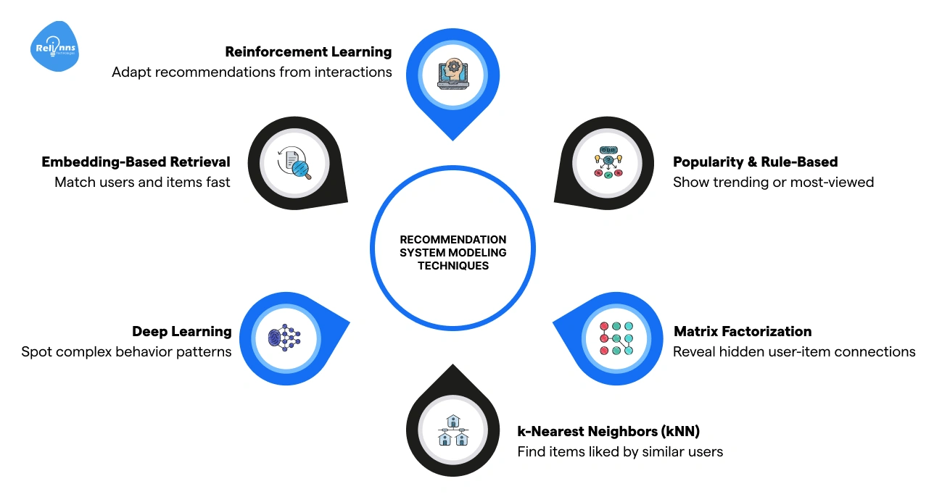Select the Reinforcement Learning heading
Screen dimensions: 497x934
[308, 52]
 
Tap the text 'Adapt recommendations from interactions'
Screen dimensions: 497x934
[252, 72]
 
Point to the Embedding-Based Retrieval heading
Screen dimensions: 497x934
[136, 162]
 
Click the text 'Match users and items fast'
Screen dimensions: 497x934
[142, 182]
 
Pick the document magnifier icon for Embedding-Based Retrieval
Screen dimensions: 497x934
[294, 163]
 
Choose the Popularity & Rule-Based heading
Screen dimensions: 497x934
[755, 162]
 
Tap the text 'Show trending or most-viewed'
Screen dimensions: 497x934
[773, 182]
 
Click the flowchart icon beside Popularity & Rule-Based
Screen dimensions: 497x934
[608, 163]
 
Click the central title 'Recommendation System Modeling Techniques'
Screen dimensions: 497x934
[452, 252]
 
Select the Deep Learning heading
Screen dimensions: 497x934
[181, 331]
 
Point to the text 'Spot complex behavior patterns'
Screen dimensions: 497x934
[126, 351]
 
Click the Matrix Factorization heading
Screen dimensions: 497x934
[743, 331]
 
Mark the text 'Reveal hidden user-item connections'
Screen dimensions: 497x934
[794, 351]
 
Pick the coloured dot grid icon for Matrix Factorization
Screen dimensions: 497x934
[616, 338]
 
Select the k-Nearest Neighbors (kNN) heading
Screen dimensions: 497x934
[608, 432]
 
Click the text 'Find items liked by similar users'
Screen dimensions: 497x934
[619, 452]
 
